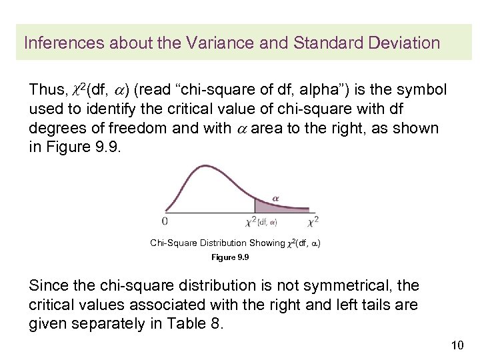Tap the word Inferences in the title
click(x=57, y=43)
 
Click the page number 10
click(x=457, y=345)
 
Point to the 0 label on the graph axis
click(x=165, y=219)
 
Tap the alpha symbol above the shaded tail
click(x=276, y=197)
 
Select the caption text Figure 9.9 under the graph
click(x=230, y=257)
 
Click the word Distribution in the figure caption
click(x=217, y=243)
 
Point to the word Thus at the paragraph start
click(x=44, y=90)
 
